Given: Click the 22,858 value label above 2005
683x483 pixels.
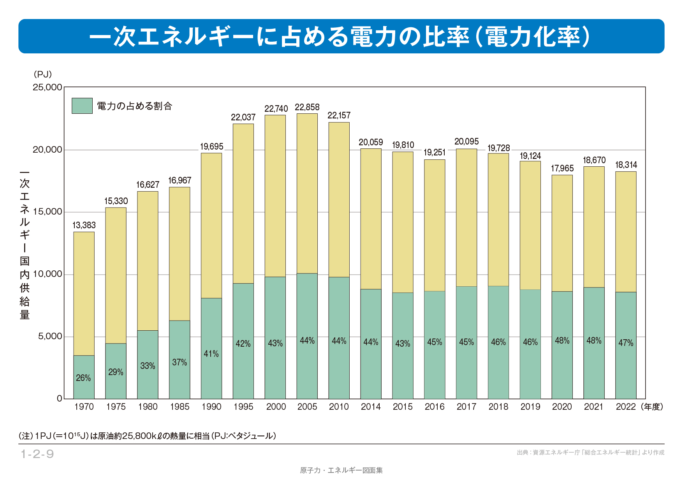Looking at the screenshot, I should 307,108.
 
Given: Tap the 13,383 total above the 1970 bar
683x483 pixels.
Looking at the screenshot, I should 84,226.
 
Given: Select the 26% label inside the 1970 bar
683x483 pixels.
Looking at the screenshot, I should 83,378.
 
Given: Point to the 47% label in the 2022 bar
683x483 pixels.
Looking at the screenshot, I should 626,343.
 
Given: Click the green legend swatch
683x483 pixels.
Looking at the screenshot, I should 82,106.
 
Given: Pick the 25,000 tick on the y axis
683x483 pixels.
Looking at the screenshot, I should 48,87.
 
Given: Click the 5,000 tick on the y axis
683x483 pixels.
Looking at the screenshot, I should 50,337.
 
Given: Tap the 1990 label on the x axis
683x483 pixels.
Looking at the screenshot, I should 211,407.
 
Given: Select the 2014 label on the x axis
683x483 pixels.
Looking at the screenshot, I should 371,407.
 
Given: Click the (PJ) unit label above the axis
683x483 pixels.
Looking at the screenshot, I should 42,74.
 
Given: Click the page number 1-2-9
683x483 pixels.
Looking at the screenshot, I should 37,454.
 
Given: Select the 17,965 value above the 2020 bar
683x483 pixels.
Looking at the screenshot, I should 562,169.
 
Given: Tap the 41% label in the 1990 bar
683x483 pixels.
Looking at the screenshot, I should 211,354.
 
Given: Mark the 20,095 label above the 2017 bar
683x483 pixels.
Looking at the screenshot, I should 466,142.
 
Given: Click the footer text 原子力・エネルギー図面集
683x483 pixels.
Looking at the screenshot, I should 341,471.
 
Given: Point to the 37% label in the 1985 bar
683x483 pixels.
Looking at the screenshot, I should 180,363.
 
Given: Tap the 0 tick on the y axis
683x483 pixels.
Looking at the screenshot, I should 60,398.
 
